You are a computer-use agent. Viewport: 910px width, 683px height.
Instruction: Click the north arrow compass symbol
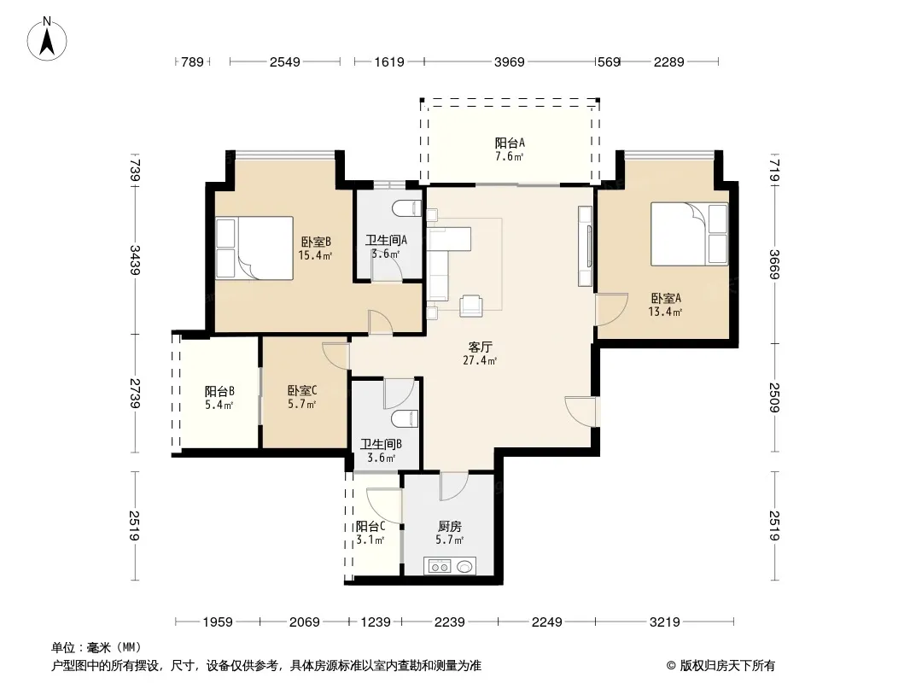coord(47,39)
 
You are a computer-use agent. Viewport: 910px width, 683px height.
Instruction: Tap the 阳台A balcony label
coord(510,143)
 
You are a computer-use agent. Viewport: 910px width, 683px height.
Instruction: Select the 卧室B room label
coord(315,242)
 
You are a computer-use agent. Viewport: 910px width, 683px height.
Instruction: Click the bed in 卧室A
coord(689,234)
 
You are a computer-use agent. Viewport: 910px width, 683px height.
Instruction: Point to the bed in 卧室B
coord(254,248)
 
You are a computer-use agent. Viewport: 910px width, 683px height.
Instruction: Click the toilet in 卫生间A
coord(407,207)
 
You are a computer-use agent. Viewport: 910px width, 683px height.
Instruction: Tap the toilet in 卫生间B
coord(405,418)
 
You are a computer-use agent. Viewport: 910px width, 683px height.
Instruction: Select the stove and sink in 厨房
coord(450,566)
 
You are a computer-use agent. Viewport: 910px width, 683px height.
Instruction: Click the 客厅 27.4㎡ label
coord(480,353)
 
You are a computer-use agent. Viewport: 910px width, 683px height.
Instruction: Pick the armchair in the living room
coord(470,306)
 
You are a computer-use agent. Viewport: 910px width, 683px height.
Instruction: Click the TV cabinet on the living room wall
coord(585,246)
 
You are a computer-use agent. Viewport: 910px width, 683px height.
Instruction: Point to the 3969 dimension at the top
coord(509,61)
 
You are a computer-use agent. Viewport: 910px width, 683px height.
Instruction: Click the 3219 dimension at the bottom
coord(664,622)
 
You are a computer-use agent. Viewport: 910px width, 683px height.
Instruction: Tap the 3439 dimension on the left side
coord(135,260)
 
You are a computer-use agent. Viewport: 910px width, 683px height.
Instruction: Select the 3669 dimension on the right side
coord(774,264)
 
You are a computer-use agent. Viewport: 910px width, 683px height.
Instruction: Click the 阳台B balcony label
coord(219,391)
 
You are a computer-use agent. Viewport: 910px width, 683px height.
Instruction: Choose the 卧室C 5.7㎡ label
coord(302,398)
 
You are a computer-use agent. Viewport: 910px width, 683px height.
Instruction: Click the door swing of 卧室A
coord(612,309)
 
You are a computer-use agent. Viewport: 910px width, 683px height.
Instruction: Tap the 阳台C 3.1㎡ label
coord(370,533)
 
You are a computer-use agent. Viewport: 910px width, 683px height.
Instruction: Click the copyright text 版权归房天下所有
coord(727,666)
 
